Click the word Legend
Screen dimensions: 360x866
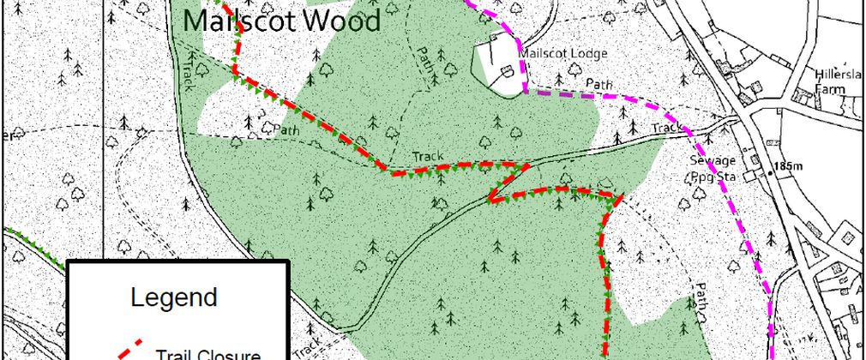173,298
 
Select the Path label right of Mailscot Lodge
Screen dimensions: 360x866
599,83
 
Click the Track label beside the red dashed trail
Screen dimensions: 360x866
426,157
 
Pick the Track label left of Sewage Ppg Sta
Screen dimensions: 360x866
667,129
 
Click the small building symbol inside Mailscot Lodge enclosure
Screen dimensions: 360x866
508,73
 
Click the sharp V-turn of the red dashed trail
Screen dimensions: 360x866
490,201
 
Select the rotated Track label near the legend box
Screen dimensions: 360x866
314,342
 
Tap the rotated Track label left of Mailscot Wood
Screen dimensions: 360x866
188,74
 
